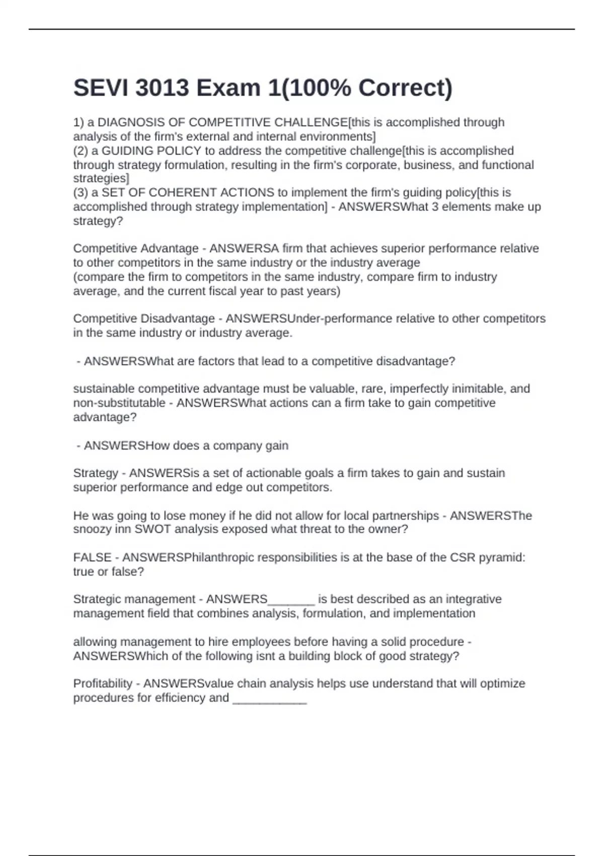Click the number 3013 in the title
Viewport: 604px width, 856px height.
[x=163, y=88]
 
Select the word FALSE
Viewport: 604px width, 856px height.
[x=92, y=557]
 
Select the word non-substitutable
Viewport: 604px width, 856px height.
[x=119, y=403]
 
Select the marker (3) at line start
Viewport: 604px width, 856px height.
[x=81, y=192]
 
